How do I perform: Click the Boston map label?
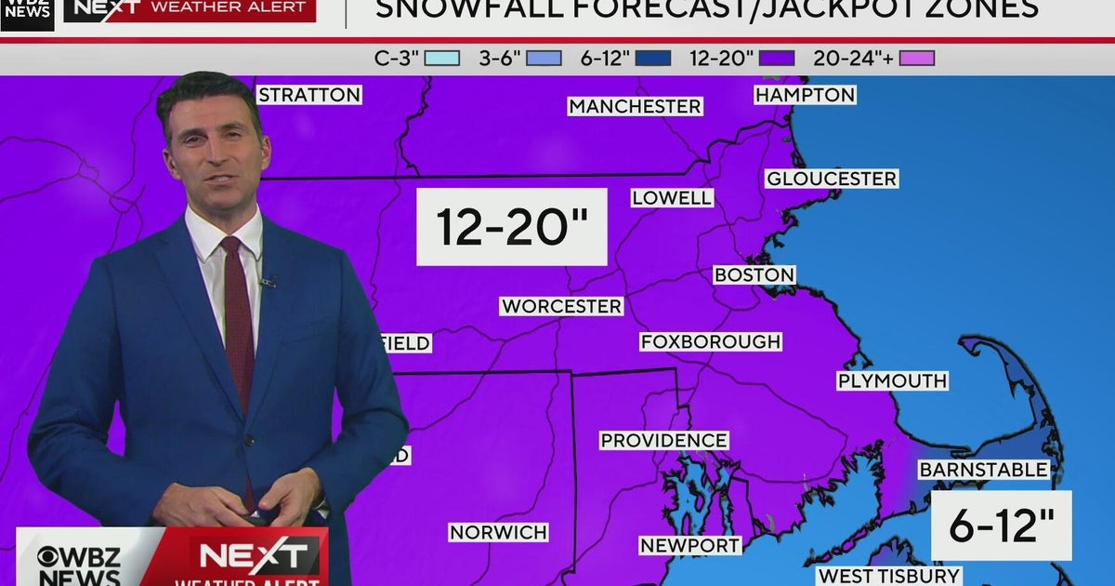(754, 275)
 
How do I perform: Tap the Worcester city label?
(561, 306)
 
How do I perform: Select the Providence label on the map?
(663, 440)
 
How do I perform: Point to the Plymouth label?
(892, 380)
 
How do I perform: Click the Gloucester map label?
(832, 179)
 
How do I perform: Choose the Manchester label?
(635, 106)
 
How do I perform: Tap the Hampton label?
(805, 95)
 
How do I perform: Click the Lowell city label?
(672, 197)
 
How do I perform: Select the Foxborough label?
(711, 341)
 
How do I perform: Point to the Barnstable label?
(984, 470)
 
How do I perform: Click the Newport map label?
(689, 545)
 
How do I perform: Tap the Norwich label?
(498, 532)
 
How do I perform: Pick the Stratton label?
(308, 95)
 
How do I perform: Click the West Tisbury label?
(889, 576)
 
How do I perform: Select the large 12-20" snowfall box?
(511, 227)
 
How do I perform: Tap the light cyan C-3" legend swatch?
(442, 59)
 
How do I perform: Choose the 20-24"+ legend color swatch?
(917, 59)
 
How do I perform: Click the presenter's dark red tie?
(238, 316)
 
